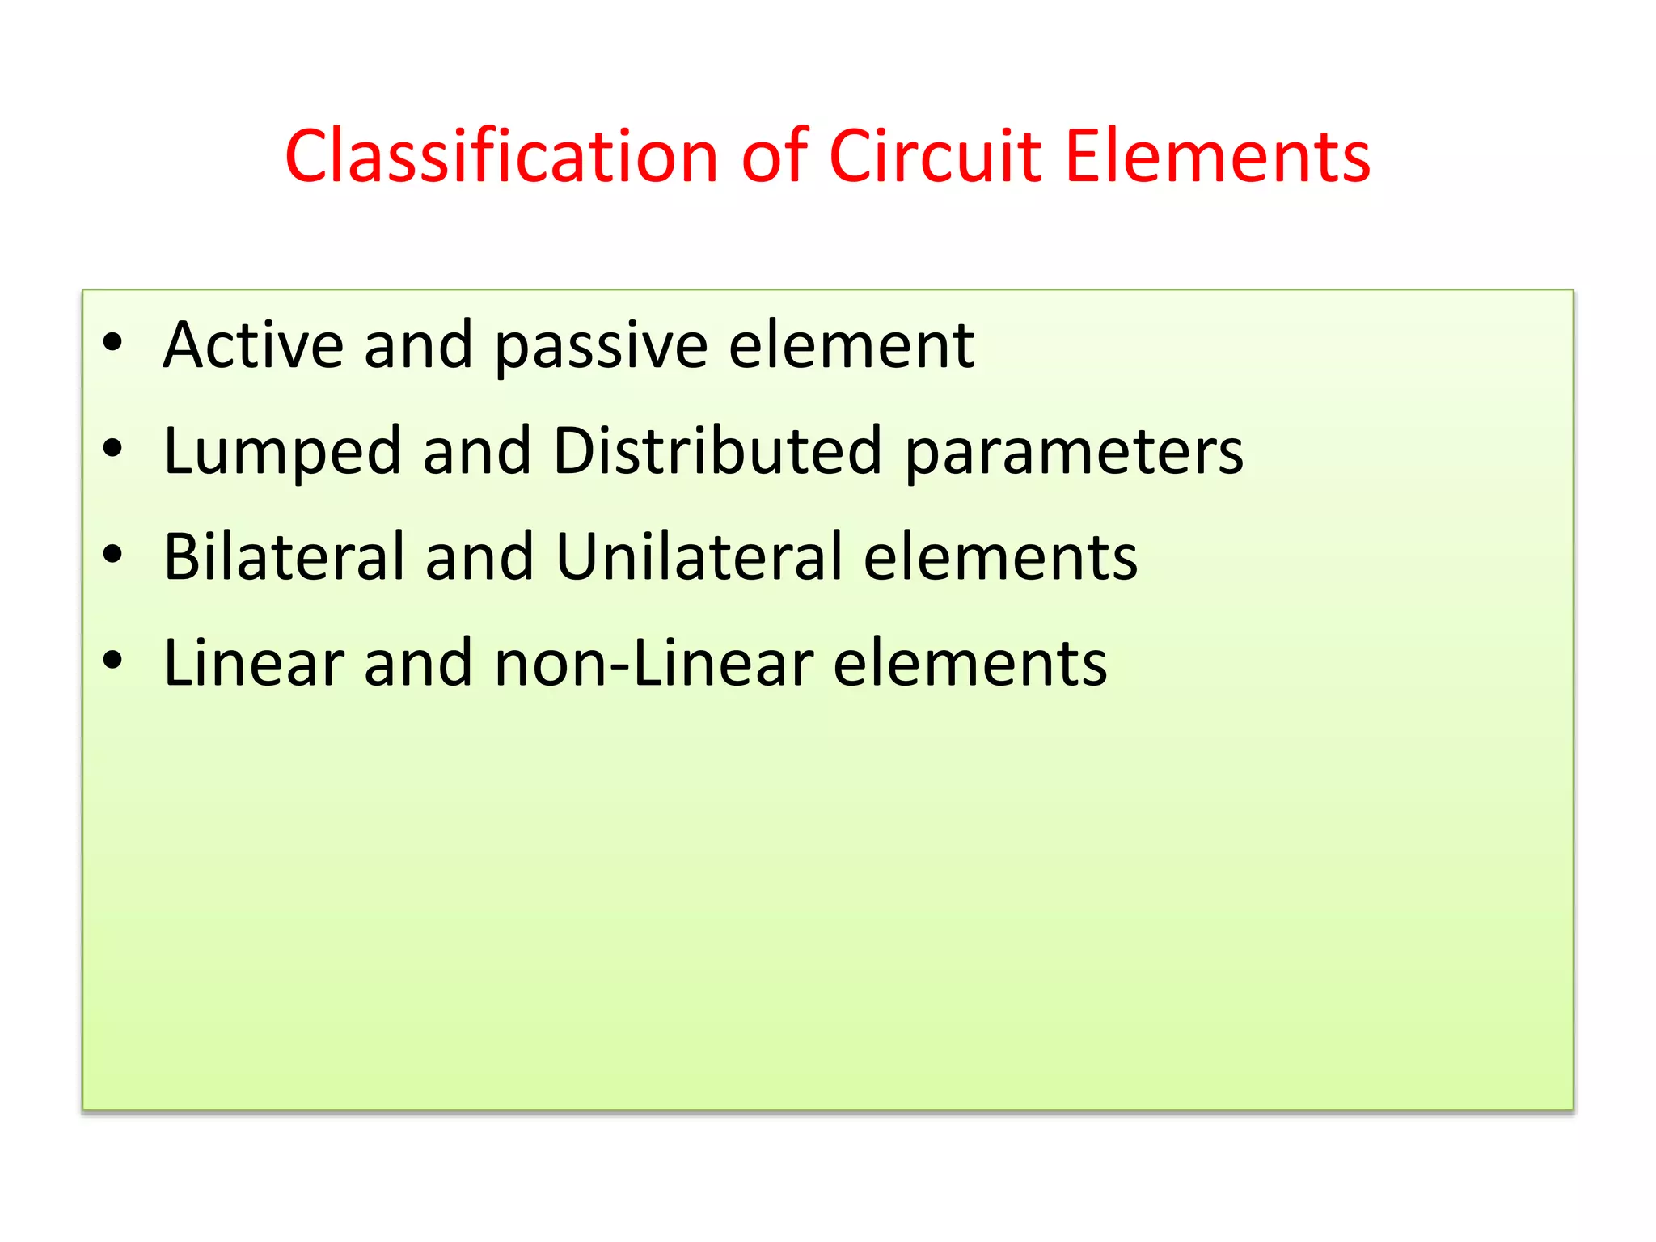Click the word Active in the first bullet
coord(253,345)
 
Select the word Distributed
coord(717,450)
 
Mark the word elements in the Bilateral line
coord(1001,558)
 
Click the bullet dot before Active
coord(112,343)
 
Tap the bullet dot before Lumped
coord(112,449)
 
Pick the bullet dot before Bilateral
coord(112,555)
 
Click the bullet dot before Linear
coord(112,661)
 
